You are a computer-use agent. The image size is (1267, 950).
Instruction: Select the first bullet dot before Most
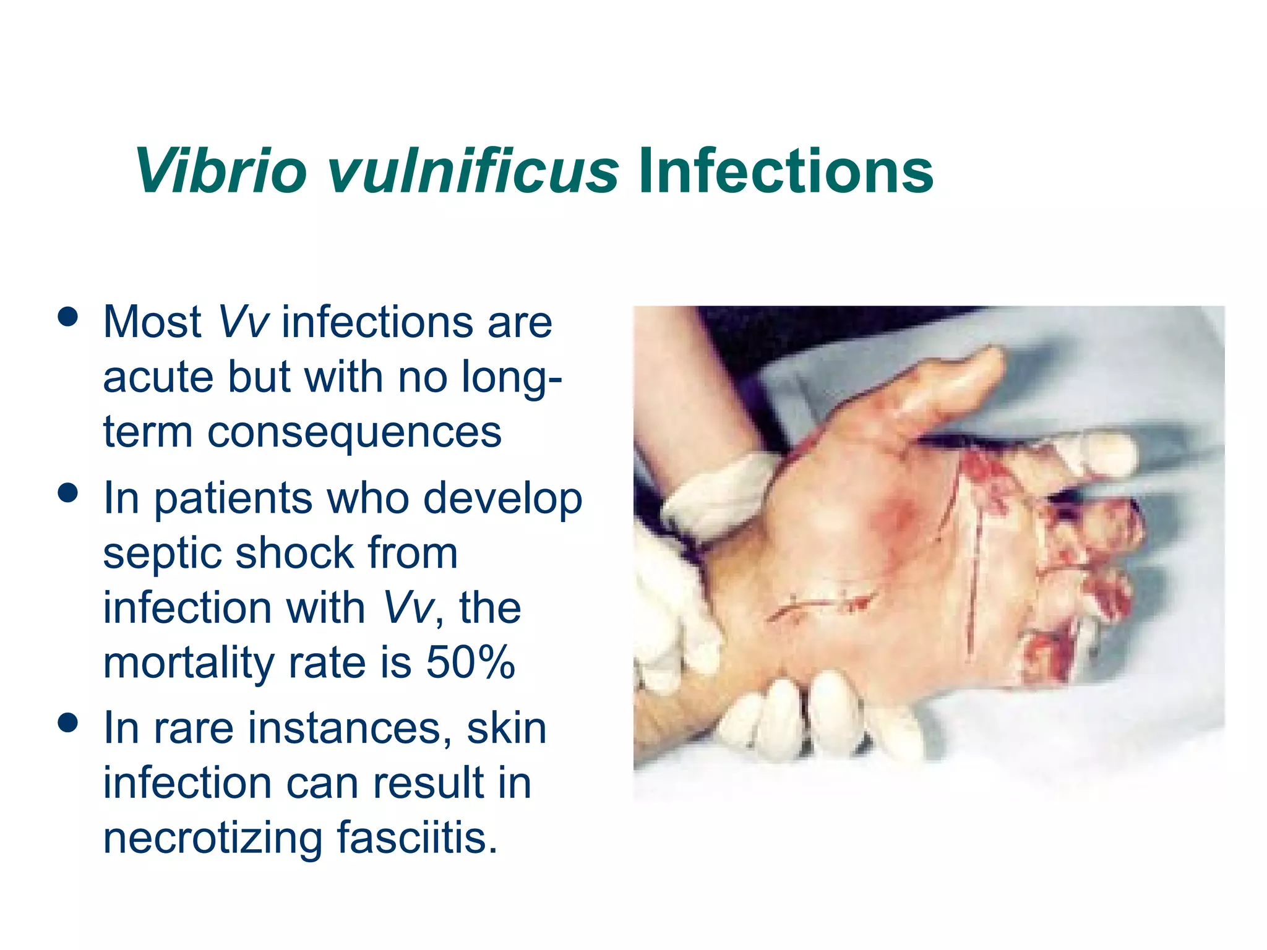coord(67,316)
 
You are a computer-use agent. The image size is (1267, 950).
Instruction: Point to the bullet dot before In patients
coord(67,492)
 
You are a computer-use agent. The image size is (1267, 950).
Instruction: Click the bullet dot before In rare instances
coord(67,722)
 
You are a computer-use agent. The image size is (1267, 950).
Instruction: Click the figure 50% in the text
coord(470,662)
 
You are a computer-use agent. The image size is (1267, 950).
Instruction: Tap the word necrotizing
coord(212,837)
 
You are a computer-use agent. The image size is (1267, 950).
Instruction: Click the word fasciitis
coord(417,837)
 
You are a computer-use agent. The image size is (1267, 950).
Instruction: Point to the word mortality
coord(189,662)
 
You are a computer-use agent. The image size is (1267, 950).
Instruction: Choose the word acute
coord(158,377)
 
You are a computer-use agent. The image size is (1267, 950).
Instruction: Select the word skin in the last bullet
coord(507,728)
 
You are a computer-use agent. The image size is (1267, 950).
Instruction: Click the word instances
coord(350,728)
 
